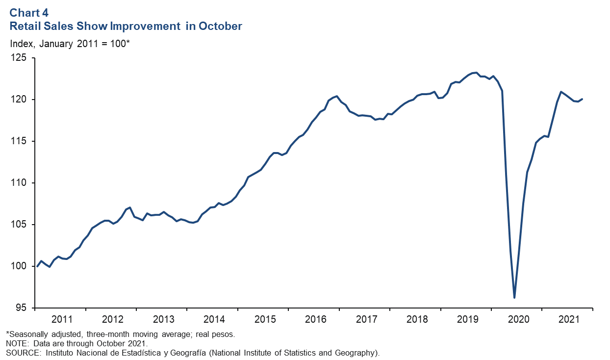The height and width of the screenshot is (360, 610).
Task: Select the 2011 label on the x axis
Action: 62,319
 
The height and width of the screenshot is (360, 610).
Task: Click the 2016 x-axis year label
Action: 315,319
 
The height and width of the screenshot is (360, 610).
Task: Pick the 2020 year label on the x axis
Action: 518,319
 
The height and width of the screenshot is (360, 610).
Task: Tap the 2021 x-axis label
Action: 569,319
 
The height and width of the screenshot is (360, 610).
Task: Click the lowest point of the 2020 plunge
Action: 514,298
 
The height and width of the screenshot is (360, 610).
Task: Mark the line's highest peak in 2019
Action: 476,73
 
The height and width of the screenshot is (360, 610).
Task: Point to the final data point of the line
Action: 582,99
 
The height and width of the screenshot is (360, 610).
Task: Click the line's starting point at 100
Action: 37,266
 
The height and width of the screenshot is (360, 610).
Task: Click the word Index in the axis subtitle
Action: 21,43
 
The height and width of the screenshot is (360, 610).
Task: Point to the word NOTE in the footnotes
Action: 16,343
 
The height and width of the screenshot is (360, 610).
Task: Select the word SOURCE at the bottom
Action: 20,352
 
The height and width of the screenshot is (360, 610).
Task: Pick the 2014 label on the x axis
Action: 214,319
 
